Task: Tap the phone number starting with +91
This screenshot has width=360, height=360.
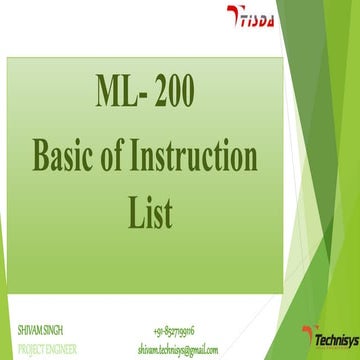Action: click(x=175, y=328)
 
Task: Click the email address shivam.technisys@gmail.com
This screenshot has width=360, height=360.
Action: click(x=178, y=349)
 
